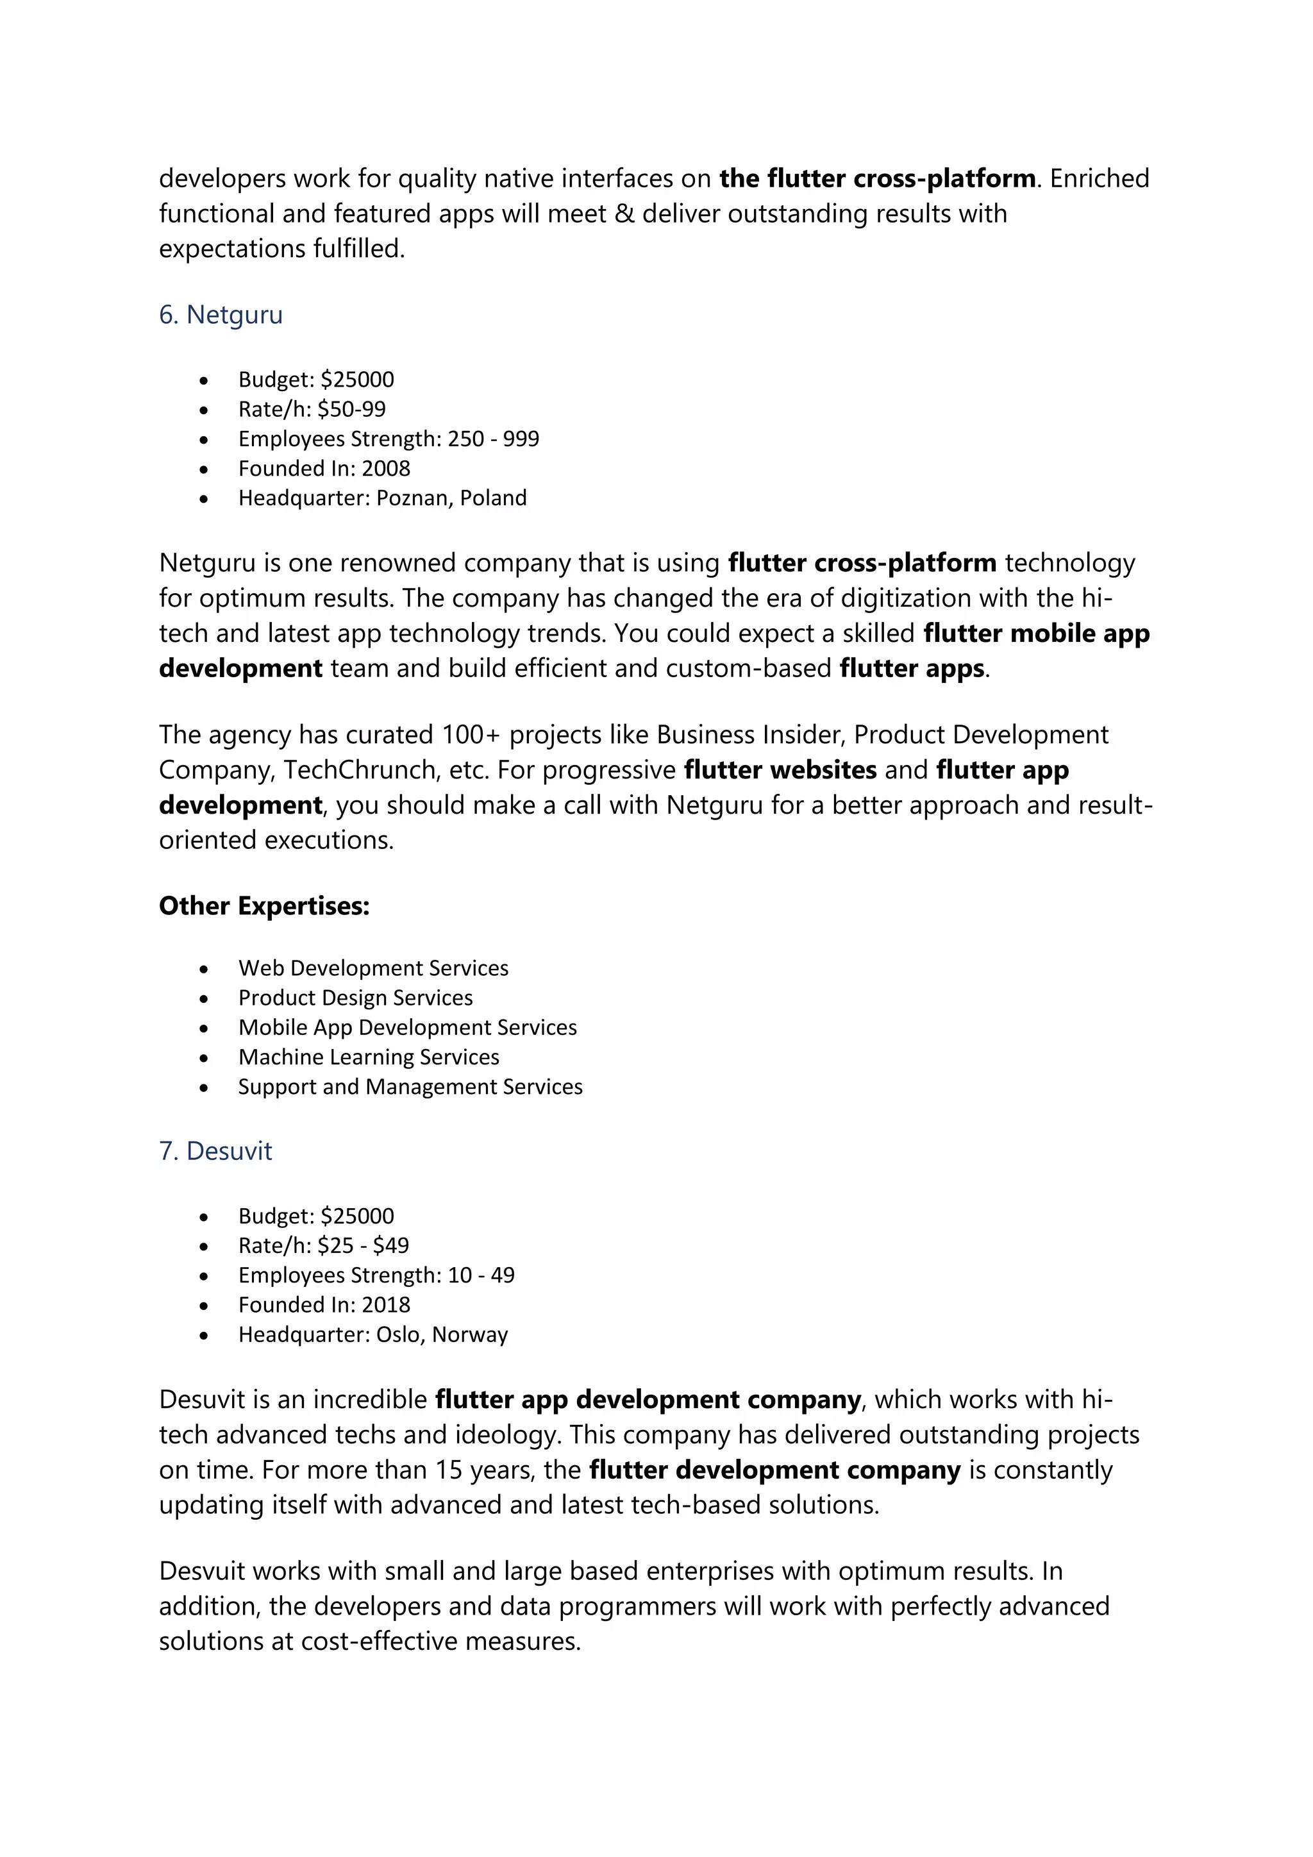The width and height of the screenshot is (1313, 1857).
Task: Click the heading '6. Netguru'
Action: (221, 315)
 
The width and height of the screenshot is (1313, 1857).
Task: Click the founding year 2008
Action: (386, 468)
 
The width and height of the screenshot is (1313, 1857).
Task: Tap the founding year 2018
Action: (386, 1305)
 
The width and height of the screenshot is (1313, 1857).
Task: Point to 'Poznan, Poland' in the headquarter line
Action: (451, 498)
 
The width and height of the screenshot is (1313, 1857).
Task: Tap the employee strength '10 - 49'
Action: (481, 1275)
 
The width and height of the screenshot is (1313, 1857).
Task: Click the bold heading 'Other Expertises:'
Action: (263, 906)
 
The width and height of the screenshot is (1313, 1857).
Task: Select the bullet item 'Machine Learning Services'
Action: (369, 1057)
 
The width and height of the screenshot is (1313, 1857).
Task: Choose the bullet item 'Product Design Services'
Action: (355, 998)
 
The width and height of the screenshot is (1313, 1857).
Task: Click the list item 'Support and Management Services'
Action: (410, 1087)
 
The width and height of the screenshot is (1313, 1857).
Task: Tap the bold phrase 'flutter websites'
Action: (780, 770)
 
